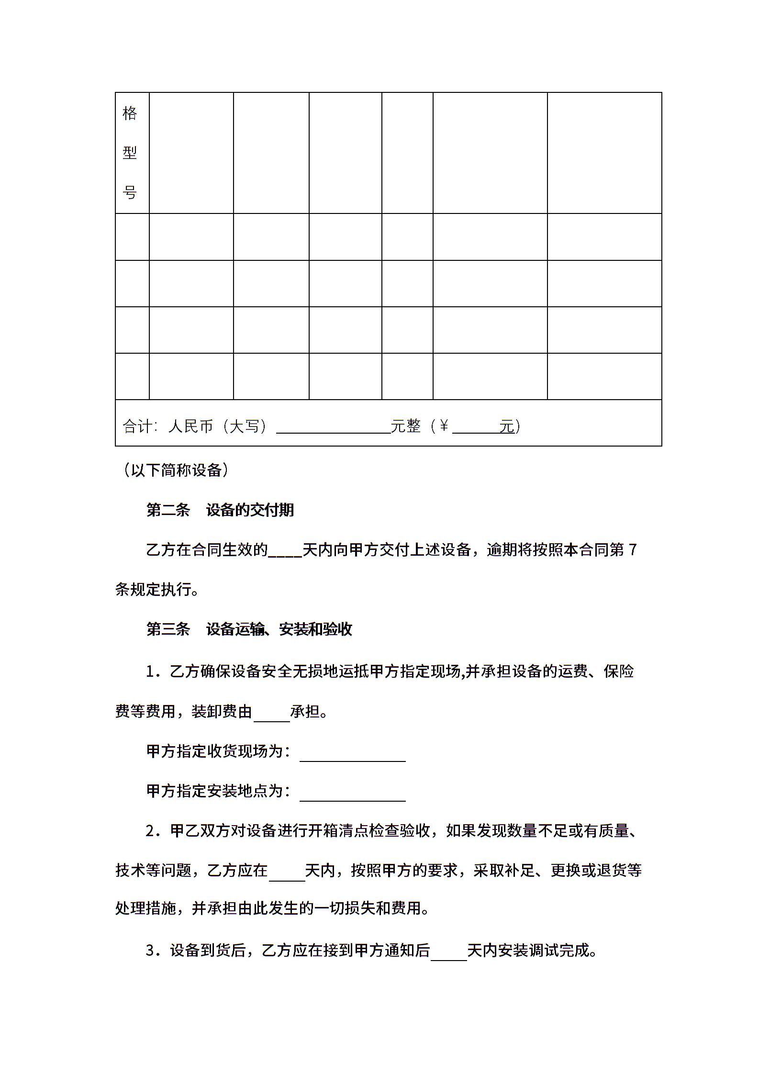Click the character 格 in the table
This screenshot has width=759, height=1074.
point(130,113)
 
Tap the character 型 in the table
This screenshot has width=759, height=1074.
point(130,153)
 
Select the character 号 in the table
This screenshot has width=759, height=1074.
point(130,192)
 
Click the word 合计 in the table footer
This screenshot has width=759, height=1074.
point(137,426)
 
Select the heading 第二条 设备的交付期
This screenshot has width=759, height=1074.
point(220,510)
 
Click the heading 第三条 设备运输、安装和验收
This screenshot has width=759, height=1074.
point(249,629)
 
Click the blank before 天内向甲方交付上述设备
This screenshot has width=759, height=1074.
point(285,553)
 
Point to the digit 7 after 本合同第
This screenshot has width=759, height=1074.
point(633,550)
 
